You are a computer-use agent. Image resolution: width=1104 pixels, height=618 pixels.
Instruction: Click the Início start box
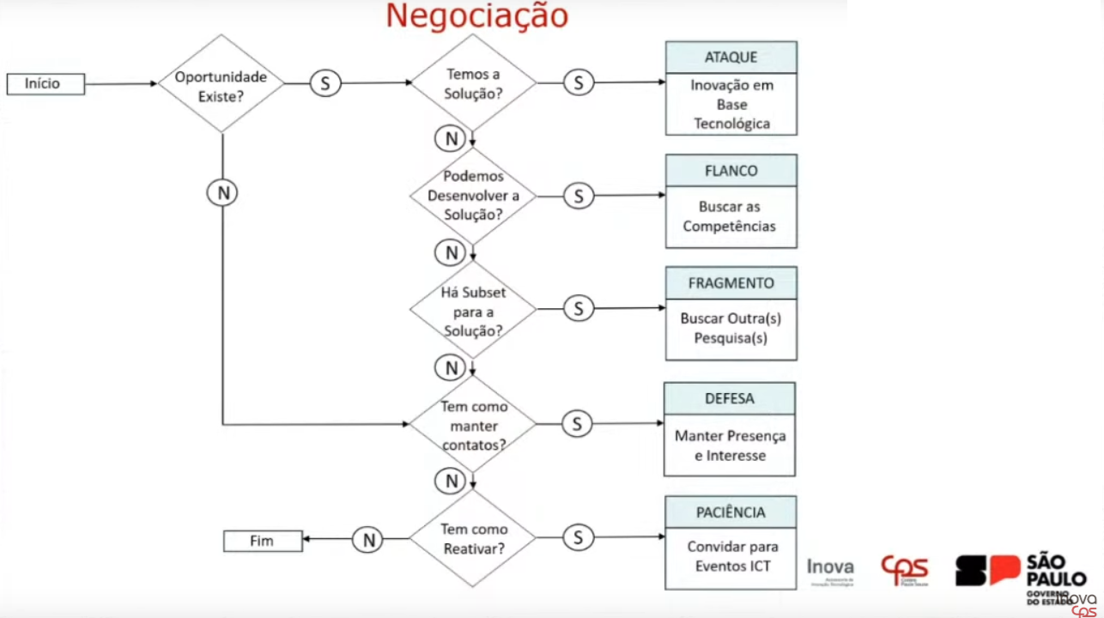pos(45,84)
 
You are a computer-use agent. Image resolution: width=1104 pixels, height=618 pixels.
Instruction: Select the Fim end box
pos(263,541)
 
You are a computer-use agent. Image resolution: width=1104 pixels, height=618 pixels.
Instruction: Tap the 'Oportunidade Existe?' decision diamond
pos(221,84)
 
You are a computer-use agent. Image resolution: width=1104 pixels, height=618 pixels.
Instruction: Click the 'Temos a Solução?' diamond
pos(473,83)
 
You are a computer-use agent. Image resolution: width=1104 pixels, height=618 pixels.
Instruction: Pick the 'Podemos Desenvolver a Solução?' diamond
pos(473,196)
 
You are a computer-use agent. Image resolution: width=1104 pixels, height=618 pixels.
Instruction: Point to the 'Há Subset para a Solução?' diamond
pos(473,310)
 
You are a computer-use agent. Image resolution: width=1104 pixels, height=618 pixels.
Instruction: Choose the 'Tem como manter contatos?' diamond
pos(473,425)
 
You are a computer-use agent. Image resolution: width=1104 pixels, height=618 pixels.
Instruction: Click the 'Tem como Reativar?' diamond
pos(473,538)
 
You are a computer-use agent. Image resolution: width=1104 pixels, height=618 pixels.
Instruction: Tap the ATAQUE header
pos(731,58)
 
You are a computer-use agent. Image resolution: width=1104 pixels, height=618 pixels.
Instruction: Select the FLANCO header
pos(731,170)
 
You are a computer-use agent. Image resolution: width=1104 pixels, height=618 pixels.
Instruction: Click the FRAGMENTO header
pos(731,283)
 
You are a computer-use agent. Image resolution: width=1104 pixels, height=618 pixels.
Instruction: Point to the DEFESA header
pos(729,398)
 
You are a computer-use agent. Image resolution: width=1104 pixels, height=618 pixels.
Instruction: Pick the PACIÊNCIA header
pos(731,512)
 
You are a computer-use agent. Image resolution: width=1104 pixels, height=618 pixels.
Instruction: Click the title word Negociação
pos(476,16)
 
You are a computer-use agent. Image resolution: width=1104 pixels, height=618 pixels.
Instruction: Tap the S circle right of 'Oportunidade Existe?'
pos(325,83)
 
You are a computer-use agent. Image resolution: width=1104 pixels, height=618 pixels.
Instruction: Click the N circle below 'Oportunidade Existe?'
pos(222,193)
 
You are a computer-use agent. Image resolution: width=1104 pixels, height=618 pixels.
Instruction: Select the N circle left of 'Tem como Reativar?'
pos(368,540)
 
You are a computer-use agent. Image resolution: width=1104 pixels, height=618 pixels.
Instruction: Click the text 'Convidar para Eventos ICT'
pos(732,555)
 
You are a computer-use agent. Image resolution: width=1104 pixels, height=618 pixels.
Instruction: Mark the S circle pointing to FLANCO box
pos(579,197)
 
